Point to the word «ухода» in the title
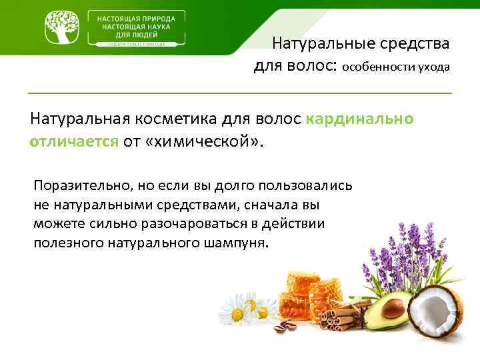434,67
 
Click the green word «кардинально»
360,119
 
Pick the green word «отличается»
74,141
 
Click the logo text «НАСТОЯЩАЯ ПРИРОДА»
137,18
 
